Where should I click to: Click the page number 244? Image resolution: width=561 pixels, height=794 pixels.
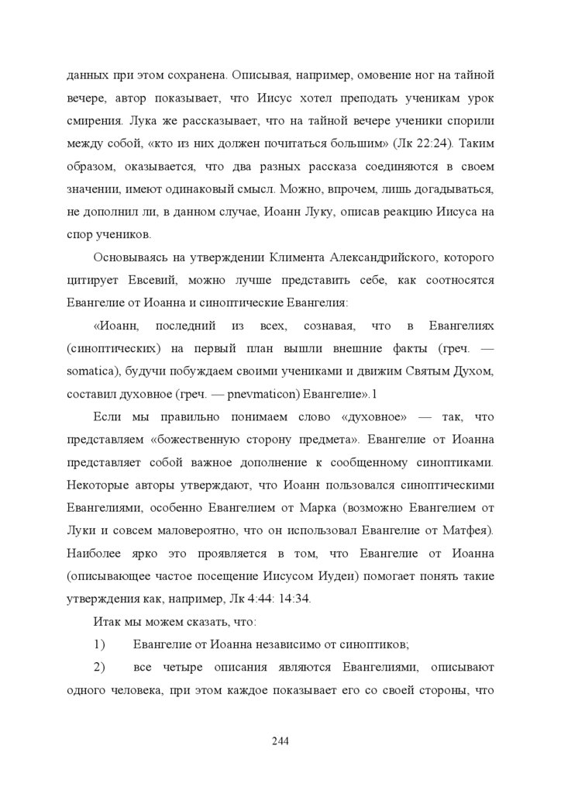[x=280, y=741]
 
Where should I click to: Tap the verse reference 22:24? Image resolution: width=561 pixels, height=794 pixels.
[x=439, y=144]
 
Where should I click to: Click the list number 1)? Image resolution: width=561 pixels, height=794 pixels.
[x=99, y=644]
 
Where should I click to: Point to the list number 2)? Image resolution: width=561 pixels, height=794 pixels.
[x=99, y=666]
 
